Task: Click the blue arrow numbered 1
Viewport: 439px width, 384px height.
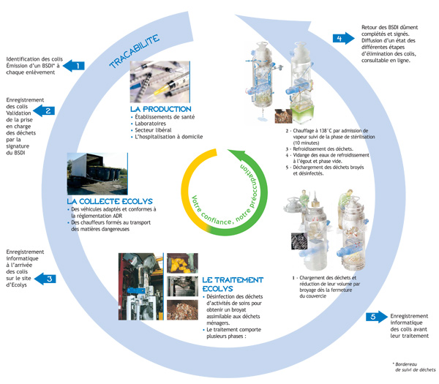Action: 74,66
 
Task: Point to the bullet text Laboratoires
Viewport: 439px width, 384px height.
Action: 153,125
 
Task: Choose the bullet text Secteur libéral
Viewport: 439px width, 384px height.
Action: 156,132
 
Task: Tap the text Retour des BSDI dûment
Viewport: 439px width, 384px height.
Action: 391,28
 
